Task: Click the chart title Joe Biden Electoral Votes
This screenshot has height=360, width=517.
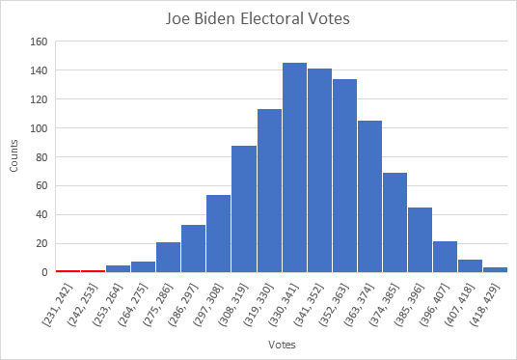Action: pyautogui.click(x=258, y=17)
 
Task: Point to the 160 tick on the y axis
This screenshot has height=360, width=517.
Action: pyautogui.click(x=38, y=42)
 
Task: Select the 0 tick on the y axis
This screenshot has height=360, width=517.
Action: pyautogui.click(x=43, y=272)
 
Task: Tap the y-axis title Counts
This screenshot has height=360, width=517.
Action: pyautogui.click(x=14, y=157)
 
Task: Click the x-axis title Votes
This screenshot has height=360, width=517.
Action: pyautogui.click(x=281, y=344)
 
